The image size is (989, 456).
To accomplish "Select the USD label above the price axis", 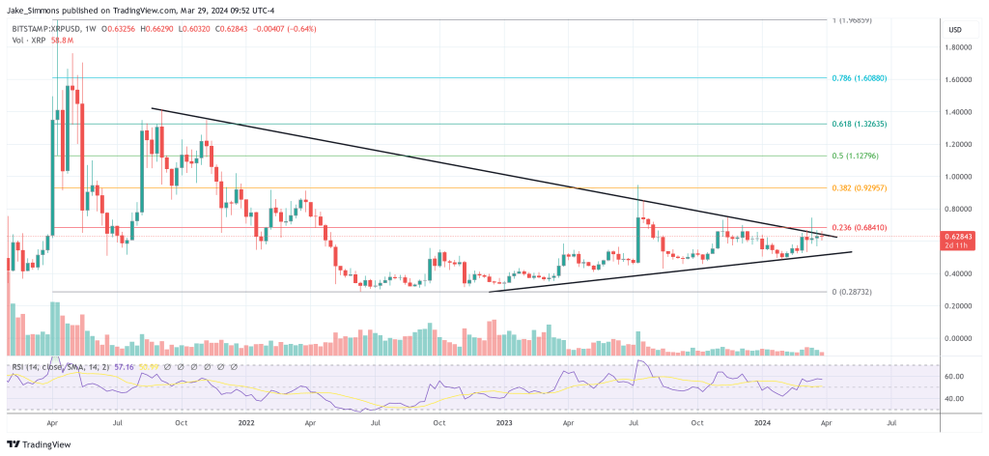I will pyautogui.click(x=956, y=30).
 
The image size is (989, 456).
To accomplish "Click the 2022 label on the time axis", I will pyautogui.click(x=245, y=422).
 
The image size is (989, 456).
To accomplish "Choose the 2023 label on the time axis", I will pyautogui.click(x=504, y=422).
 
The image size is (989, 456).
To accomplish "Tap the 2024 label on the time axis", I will pyautogui.click(x=763, y=422).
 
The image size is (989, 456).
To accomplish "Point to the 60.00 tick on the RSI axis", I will pyautogui.click(x=956, y=376).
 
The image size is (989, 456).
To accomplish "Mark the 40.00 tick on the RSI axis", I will pyautogui.click(x=956, y=398).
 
